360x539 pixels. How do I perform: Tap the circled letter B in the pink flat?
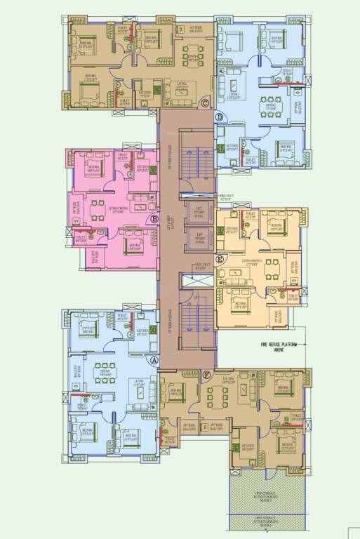(x=154, y=218)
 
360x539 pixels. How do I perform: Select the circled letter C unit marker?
(x=204, y=104)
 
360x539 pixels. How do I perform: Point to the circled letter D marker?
(x=220, y=117)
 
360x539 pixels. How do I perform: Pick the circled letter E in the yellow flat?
(x=220, y=259)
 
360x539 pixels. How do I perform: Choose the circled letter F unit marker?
(x=206, y=375)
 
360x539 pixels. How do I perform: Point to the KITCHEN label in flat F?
(x=248, y=446)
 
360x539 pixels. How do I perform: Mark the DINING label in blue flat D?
(x=270, y=109)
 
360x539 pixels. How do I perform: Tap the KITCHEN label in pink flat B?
(x=142, y=168)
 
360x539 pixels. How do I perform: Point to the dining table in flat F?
(x=217, y=398)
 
